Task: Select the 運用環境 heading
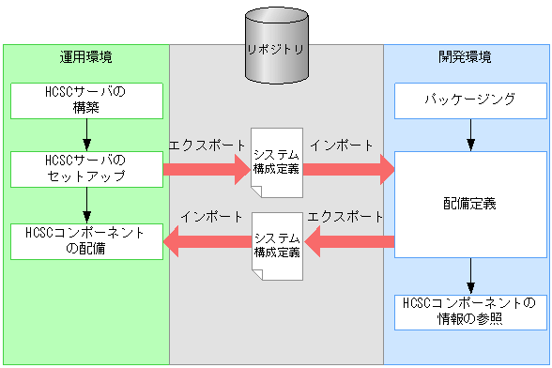[x=85, y=57]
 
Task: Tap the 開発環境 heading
[x=467, y=57]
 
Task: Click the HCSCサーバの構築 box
[x=85, y=100]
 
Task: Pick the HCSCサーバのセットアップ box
[x=85, y=168]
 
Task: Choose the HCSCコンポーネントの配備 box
[x=85, y=241]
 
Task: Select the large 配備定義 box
[x=468, y=202]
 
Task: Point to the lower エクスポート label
[x=345, y=215]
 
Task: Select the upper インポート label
[x=341, y=146]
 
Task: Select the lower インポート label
[x=213, y=215]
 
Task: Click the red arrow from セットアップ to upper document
[x=205, y=170]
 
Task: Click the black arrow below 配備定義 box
[x=470, y=277]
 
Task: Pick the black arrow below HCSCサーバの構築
[x=86, y=135]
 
